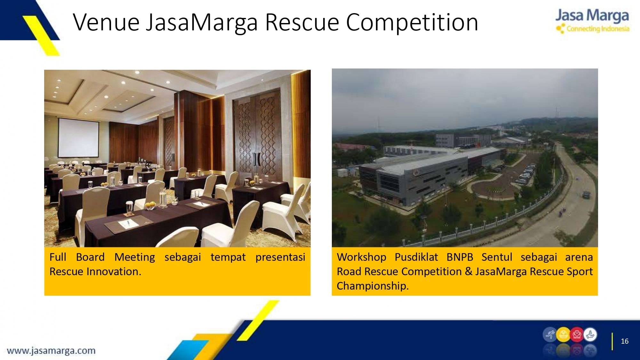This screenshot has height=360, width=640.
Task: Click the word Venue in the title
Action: coord(107,22)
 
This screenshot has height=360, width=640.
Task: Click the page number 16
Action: coord(625,341)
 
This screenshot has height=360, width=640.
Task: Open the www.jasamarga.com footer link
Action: coord(51,351)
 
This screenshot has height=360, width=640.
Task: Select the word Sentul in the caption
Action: coord(497,257)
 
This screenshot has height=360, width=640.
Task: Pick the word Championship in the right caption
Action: coord(373,286)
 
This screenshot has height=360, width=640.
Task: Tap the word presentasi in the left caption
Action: coord(280,257)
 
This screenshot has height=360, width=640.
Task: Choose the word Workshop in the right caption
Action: coord(362,257)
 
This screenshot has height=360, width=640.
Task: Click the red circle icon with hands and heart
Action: coord(577,335)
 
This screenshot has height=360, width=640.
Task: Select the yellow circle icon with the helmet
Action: coord(563,335)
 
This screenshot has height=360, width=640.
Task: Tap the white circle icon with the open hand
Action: coord(590,335)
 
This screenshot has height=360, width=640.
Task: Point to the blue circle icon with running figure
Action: coord(550,335)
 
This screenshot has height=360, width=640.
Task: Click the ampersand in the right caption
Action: coord(468,271)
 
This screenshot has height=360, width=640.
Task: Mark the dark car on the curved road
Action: coord(586,194)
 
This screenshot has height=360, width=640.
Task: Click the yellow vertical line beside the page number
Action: coord(612,341)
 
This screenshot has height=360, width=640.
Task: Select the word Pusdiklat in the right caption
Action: coord(416,257)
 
